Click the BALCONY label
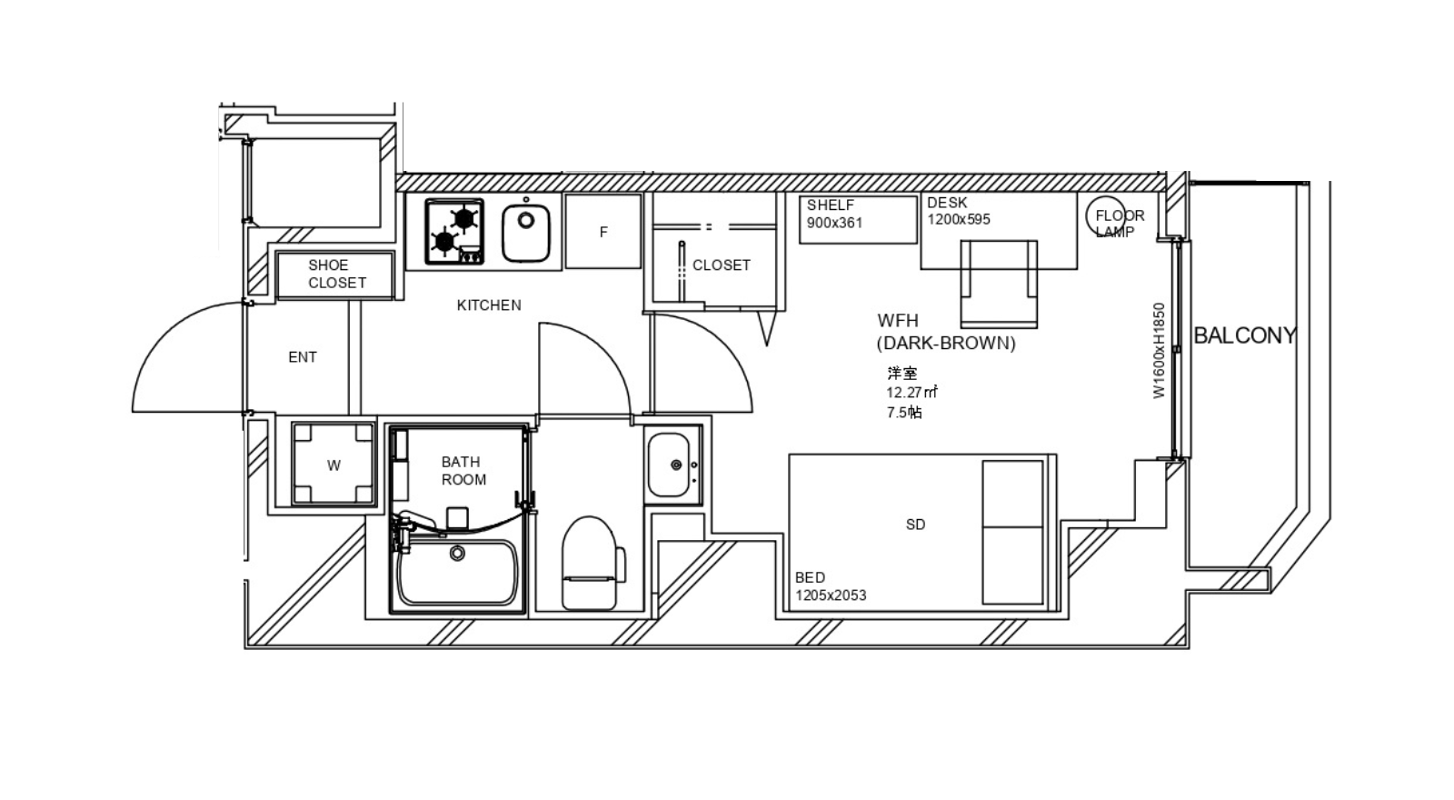point(1245,335)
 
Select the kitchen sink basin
point(526,232)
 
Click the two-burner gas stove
point(454,232)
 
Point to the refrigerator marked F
point(603,231)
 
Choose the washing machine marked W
point(333,464)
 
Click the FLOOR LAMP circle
point(1105,215)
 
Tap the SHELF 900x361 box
point(858,219)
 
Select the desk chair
point(999,284)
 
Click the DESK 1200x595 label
point(959,211)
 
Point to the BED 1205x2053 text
point(831,586)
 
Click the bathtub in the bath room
point(458,572)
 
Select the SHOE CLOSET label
point(337,274)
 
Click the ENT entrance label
point(303,357)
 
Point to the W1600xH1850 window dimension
point(1160,351)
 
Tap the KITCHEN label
point(489,305)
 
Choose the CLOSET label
point(722,265)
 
